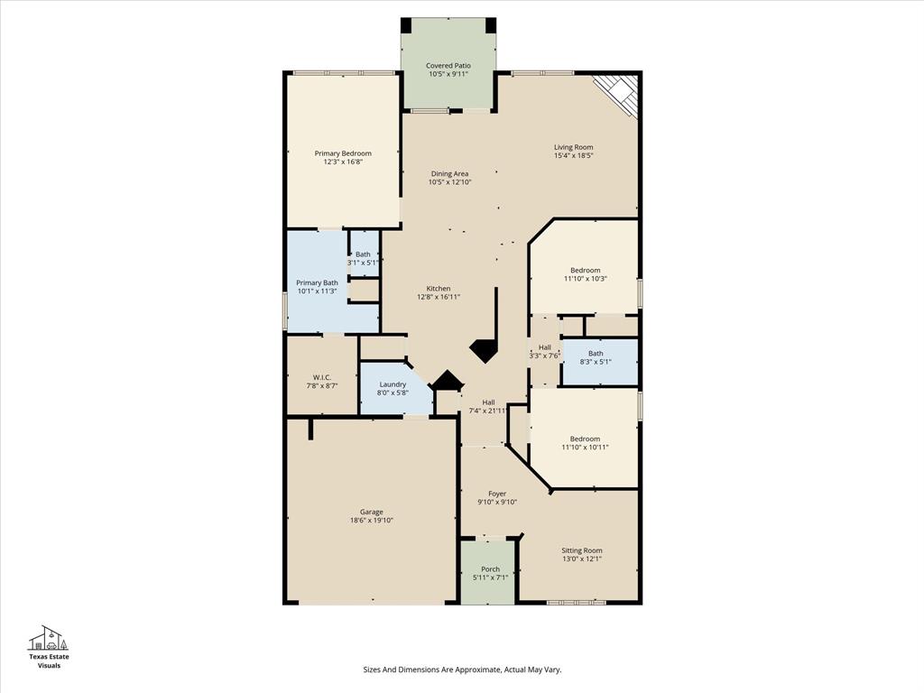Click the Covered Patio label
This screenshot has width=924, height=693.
tap(448, 65)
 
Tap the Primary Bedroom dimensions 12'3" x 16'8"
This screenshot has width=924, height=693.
tap(342, 162)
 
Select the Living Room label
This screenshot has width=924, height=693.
tap(573, 147)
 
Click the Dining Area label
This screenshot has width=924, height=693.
tap(449, 173)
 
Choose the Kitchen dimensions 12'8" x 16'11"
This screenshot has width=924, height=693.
tap(439, 297)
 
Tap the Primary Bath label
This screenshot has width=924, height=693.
tap(317, 282)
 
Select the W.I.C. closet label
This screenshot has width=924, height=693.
tap(322, 377)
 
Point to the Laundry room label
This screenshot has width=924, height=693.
tap(393, 384)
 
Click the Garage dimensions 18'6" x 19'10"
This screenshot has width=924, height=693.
tap(371, 520)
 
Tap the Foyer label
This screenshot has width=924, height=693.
tap(497, 494)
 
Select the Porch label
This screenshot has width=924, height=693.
tap(490, 569)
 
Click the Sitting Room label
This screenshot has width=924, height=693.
tap(581, 550)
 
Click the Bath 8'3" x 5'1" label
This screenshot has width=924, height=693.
tap(596, 357)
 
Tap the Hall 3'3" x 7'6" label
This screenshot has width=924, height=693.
tap(544, 351)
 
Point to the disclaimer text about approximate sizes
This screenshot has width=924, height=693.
tap(462, 670)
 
